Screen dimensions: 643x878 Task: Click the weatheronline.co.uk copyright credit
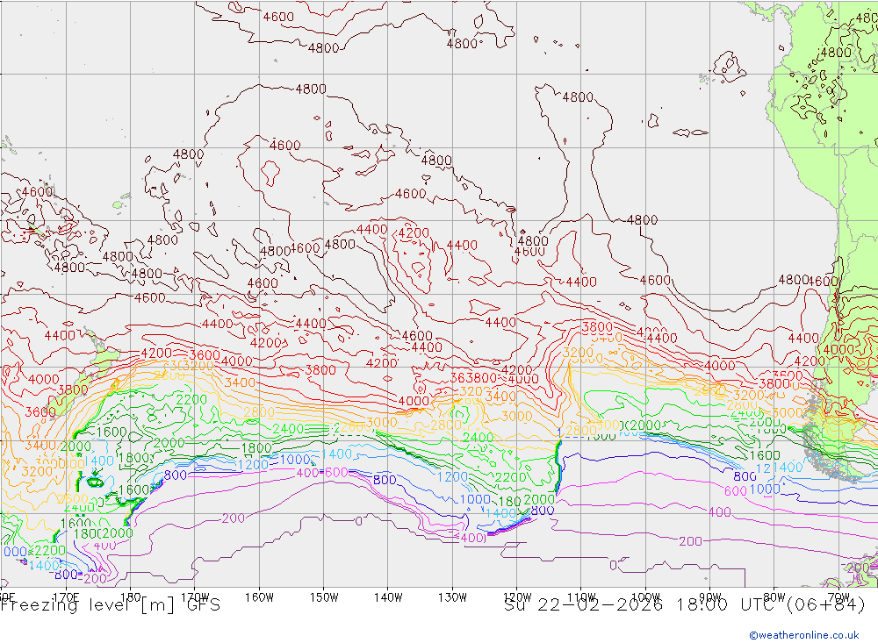coord(803,634)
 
